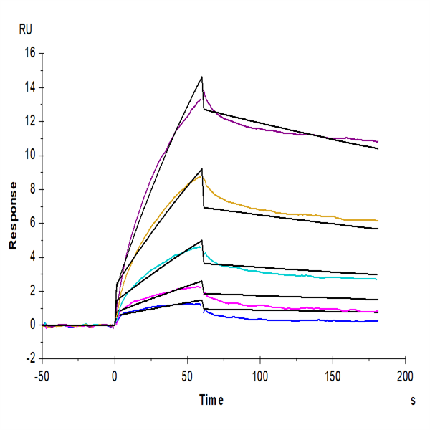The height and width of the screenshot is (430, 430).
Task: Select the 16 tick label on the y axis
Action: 29,53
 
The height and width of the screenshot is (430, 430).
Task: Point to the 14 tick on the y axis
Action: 29,87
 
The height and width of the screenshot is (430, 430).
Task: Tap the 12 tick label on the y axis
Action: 29,121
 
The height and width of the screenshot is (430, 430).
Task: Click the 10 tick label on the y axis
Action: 29,156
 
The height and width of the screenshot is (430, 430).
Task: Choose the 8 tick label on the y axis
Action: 32,189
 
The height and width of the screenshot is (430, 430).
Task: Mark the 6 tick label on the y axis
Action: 32,224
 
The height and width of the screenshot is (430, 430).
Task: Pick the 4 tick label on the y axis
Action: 32,257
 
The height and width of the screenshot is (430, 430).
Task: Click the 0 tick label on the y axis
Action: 32,325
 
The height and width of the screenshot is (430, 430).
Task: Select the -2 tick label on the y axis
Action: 30,359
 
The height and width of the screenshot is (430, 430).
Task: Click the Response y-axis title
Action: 12,215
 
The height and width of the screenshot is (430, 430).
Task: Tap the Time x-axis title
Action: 212,400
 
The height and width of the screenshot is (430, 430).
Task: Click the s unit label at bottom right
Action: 413,401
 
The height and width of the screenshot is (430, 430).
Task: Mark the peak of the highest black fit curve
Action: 202,77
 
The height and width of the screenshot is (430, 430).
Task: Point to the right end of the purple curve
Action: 378,141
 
